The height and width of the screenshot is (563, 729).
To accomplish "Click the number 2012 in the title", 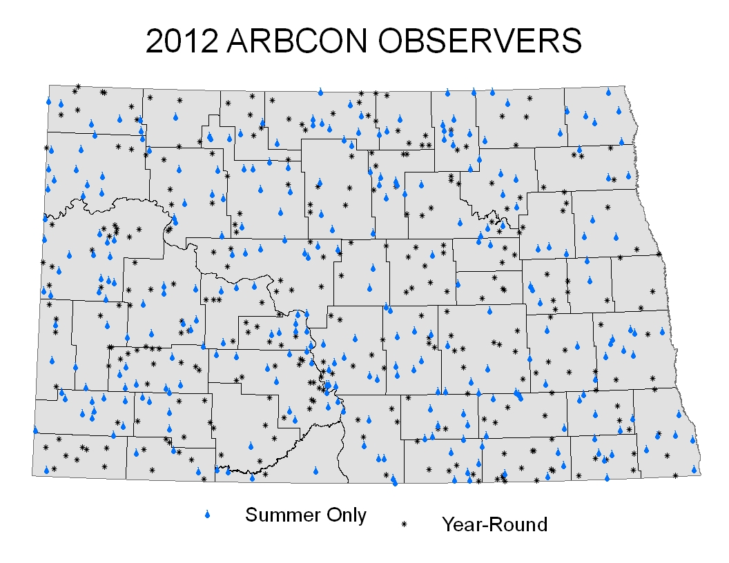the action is tap(182, 41).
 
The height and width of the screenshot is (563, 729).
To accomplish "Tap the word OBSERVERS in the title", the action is tap(479, 41).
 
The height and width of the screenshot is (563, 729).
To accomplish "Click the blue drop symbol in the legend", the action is tap(207, 514).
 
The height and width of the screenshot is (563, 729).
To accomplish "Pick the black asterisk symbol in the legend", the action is tap(404, 524).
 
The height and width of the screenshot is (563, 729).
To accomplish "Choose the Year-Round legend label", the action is tap(495, 524).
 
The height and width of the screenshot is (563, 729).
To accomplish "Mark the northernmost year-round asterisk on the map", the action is tap(78, 86).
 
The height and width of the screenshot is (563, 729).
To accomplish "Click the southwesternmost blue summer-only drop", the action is tap(46, 470).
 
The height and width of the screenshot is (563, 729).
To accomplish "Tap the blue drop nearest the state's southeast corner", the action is tap(694, 470).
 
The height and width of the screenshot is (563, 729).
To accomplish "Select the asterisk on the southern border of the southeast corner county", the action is tap(676, 475).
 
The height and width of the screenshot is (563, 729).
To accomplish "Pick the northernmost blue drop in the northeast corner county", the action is tap(608, 92).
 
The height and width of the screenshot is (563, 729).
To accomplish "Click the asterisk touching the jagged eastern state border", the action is tap(659, 254).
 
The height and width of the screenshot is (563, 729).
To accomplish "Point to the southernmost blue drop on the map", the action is tap(395, 483).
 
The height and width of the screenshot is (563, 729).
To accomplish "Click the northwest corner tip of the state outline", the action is tap(49, 85).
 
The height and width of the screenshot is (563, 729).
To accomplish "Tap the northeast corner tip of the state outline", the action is tap(625, 86).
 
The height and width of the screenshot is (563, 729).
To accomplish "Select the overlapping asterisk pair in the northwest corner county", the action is tap(104, 92).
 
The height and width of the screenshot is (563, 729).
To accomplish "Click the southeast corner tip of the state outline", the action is tap(701, 474).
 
